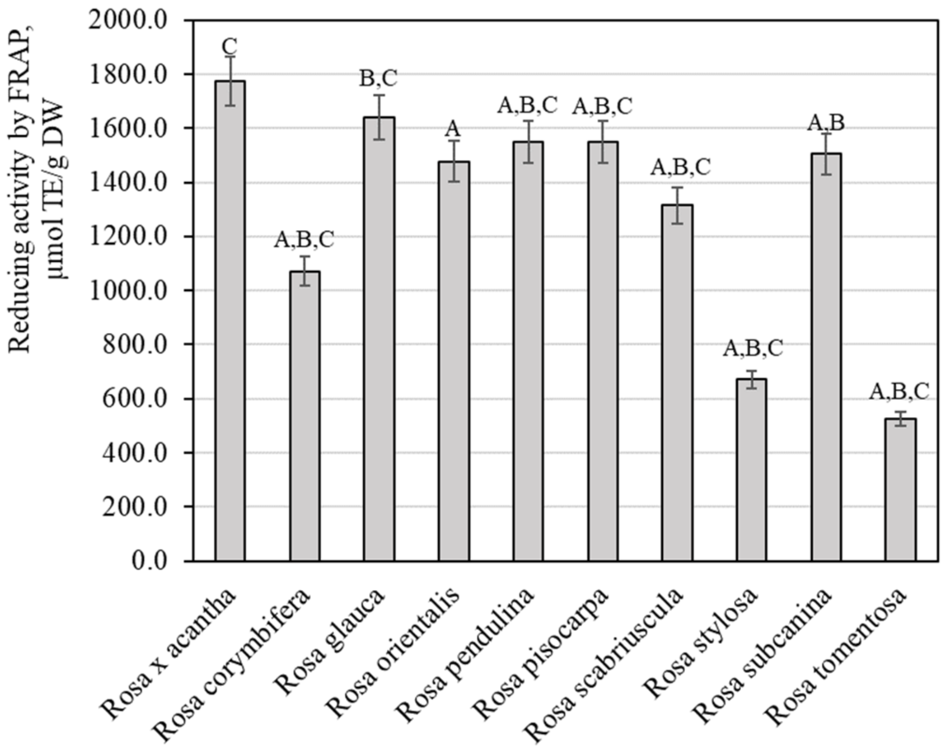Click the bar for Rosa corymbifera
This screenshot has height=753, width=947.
[304, 416]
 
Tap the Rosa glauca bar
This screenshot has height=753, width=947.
[379, 339]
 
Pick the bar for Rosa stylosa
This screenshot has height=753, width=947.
[752, 470]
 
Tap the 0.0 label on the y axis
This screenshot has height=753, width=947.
[150, 561]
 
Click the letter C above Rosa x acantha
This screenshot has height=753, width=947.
[229, 47]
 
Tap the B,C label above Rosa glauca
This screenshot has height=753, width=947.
[378, 79]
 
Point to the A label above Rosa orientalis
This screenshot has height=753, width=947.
[452, 129]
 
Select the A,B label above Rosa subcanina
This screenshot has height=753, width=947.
[826, 122]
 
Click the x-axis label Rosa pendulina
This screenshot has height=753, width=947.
[468, 654]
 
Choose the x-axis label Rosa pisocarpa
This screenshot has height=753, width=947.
[542, 654]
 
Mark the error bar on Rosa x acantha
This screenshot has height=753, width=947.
[230, 80]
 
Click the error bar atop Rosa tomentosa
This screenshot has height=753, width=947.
[900, 418]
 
